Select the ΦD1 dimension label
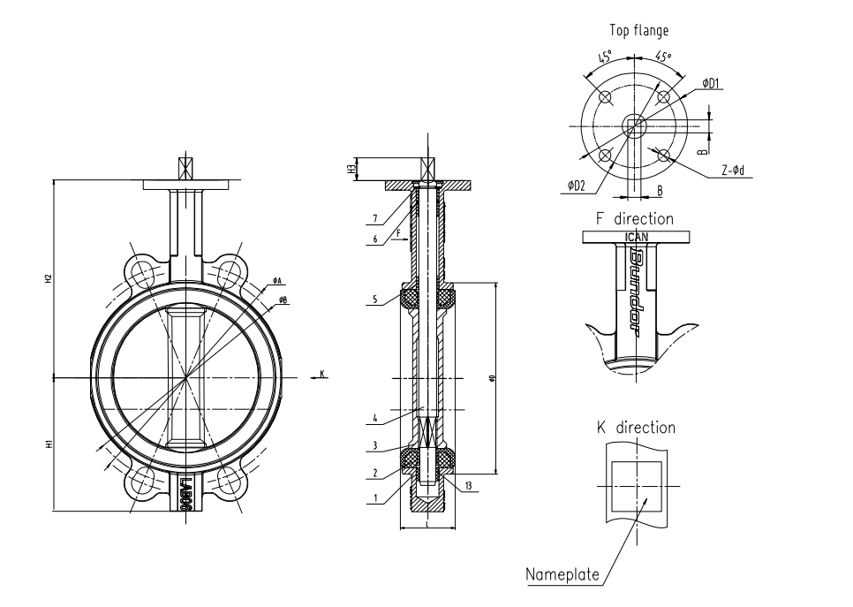711,83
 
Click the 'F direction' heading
634,218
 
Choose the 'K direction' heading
636,428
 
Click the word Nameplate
562,575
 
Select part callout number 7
375,217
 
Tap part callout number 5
375,300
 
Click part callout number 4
375,418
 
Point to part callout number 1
375,497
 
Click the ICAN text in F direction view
636,237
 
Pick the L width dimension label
427,524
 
